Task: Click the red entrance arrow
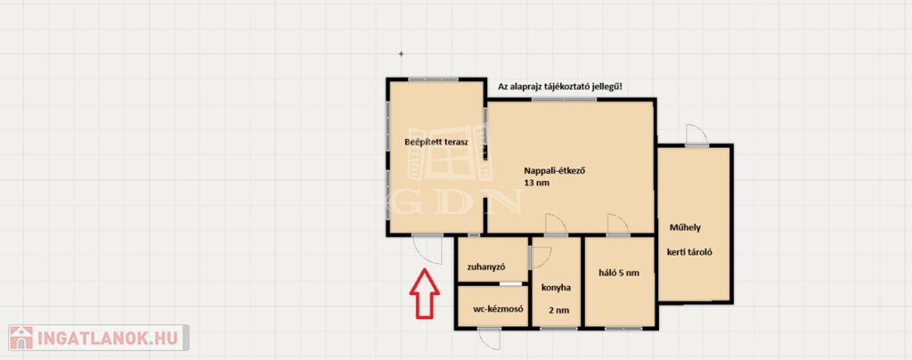[425, 293]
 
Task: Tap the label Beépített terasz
[436, 142]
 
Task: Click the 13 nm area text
[536, 183]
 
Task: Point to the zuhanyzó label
[486, 267]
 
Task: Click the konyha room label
[556, 287]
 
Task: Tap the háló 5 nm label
[620, 272]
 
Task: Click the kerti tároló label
[690, 253]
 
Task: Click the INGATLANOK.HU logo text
[110, 338]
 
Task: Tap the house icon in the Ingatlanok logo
[21, 338]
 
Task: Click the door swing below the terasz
[428, 250]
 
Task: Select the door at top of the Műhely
[696, 135]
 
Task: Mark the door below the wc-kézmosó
[489, 339]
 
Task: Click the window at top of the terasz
[433, 79]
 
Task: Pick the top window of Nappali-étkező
[564, 100]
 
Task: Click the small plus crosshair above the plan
[401, 54]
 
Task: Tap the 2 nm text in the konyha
[559, 311]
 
